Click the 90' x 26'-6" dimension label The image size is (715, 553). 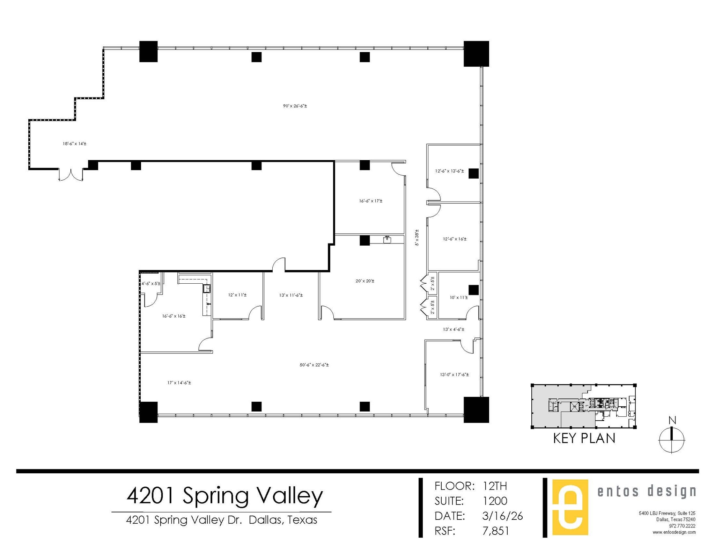[x=295, y=106]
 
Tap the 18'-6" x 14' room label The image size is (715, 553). [x=74, y=144]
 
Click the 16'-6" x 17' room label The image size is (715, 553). [x=370, y=201]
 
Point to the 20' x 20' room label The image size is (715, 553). [x=365, y=281]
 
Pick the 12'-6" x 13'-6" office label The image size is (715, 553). [x=449, y=171]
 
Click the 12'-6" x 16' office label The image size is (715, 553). [x=455, y=239]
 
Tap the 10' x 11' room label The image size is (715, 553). [x=458, y=298]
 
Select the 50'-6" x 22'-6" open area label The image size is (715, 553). [x=314, y=365]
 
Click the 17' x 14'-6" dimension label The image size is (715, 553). [x=179, y=383]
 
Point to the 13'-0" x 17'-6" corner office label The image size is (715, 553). [x=454, y=374]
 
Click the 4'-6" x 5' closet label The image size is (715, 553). [x=151, y=284]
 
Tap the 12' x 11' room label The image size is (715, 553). [x=237, y=295]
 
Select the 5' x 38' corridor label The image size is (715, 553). [x=417, y=238]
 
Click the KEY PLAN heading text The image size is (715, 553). [x=584, y=438]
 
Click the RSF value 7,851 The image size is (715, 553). [x=495, y=531]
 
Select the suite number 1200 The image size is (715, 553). [x=495, y=501]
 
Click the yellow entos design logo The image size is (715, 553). [x=570, y=507]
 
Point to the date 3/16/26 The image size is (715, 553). [x=502, y=516]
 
